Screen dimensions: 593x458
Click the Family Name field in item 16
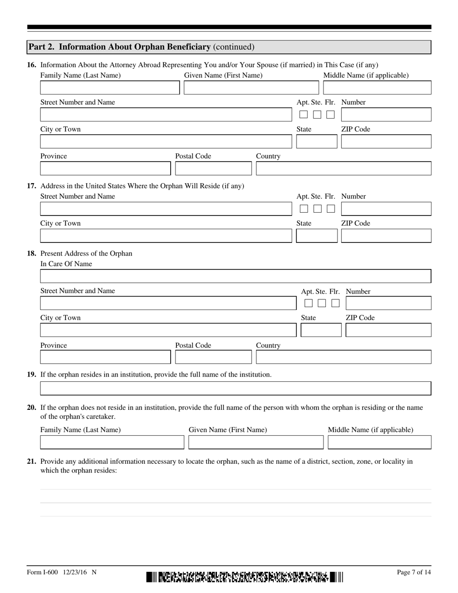109,88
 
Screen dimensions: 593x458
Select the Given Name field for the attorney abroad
251,88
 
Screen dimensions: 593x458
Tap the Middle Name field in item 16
377,88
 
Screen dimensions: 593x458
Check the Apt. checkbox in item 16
303,115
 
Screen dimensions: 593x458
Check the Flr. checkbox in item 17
330,209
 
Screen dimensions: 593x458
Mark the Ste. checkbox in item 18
322,303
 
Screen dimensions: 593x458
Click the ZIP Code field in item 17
386,236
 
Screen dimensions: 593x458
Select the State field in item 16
317,142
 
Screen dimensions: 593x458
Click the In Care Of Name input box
235,276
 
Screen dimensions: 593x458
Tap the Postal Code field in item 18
213,357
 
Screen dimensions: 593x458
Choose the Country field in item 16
343,169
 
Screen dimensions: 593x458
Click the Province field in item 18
105,357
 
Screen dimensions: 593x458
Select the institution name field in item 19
235,389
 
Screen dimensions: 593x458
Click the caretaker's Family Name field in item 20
112,442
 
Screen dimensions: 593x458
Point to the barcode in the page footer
244,577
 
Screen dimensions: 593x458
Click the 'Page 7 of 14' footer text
414,572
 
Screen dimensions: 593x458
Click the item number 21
31,461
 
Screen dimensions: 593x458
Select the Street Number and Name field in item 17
166,209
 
